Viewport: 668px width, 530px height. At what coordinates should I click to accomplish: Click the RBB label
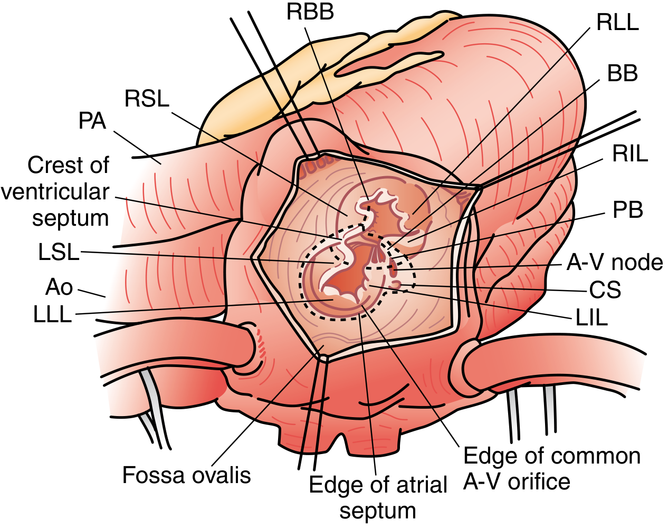(310, 13)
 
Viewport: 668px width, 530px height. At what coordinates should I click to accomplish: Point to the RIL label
(630, 153)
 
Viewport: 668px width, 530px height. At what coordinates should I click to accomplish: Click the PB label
(627, 209)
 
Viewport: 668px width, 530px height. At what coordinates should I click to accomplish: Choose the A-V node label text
(615, 262)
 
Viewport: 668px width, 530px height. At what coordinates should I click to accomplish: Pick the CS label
(605, 290)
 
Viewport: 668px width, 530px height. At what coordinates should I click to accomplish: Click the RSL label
(147, 99)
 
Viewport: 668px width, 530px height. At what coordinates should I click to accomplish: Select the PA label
(92, 121)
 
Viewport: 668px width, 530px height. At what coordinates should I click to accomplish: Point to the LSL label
(59, 252)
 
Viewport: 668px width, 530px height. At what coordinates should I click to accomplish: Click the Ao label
(59, 287)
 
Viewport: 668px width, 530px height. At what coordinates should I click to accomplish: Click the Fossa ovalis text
(187, 475)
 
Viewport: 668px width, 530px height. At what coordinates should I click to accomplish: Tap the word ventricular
(55, 192)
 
